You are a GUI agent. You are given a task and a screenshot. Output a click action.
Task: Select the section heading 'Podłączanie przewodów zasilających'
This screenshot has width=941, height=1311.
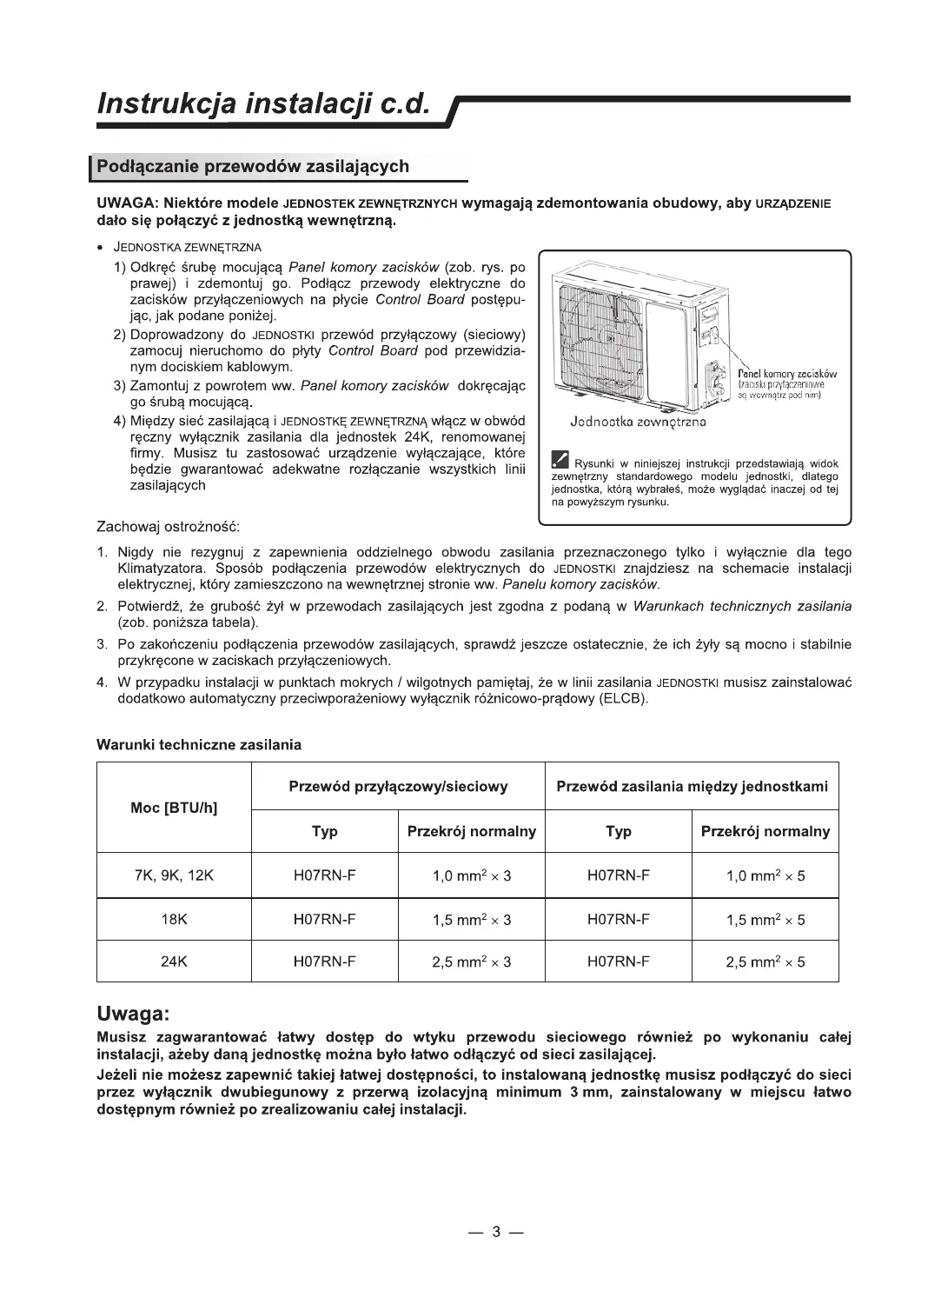click(x=253, y=166)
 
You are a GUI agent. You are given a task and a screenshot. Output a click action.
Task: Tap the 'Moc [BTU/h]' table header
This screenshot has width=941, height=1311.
click(x=174, y=808)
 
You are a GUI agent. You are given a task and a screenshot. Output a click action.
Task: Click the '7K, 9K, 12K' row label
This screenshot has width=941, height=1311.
click(x=174, y=875)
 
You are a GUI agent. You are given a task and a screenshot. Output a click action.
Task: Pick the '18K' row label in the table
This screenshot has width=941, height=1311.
click(x=174, y=920)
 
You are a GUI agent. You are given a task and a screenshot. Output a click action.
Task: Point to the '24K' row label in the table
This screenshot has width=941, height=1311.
click(x=174, y=962)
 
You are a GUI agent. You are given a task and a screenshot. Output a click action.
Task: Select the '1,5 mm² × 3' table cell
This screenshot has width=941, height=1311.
click(x=472, y=920)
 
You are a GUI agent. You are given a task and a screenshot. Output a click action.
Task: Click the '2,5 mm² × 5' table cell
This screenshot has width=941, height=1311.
click(x=765, y=962)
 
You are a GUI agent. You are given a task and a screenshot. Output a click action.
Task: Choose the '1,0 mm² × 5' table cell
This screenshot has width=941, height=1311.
click(x=765, y=875)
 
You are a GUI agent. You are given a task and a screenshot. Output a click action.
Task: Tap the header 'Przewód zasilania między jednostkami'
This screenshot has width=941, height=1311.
click(x=692, y=787)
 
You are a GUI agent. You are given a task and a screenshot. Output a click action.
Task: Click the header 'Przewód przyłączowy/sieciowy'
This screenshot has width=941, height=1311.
click(x=398, y=787)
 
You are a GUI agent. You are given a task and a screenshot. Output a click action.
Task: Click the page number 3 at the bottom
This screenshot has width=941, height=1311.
click(x=496, y=1231)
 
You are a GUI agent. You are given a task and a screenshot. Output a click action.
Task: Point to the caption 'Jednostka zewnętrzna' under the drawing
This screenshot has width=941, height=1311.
click(x=638, y=422)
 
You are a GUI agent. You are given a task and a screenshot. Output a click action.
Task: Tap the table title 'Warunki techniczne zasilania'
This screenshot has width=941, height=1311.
click(x=199, y=745)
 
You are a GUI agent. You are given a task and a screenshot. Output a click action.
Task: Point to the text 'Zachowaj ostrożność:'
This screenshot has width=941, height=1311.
click(x=168, y=527)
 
